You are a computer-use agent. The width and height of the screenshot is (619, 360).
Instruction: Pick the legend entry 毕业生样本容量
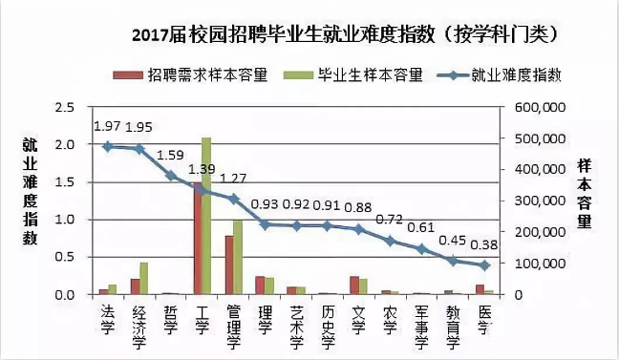tap(369, 74)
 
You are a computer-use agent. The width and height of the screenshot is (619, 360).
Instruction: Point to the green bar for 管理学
tap(238, 257)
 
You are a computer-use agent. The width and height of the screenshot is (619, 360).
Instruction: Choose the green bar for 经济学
tap(144, 278)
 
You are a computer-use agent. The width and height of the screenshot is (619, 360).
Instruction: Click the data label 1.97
tap(107, 126)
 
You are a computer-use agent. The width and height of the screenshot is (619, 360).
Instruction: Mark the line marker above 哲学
tap(171, 176)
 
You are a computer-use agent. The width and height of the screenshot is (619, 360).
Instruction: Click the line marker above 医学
tap(484, 265)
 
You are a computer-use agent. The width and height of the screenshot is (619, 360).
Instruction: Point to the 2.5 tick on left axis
tap(64, 108)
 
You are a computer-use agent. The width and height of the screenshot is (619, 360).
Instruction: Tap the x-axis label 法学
tap(108, 314)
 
